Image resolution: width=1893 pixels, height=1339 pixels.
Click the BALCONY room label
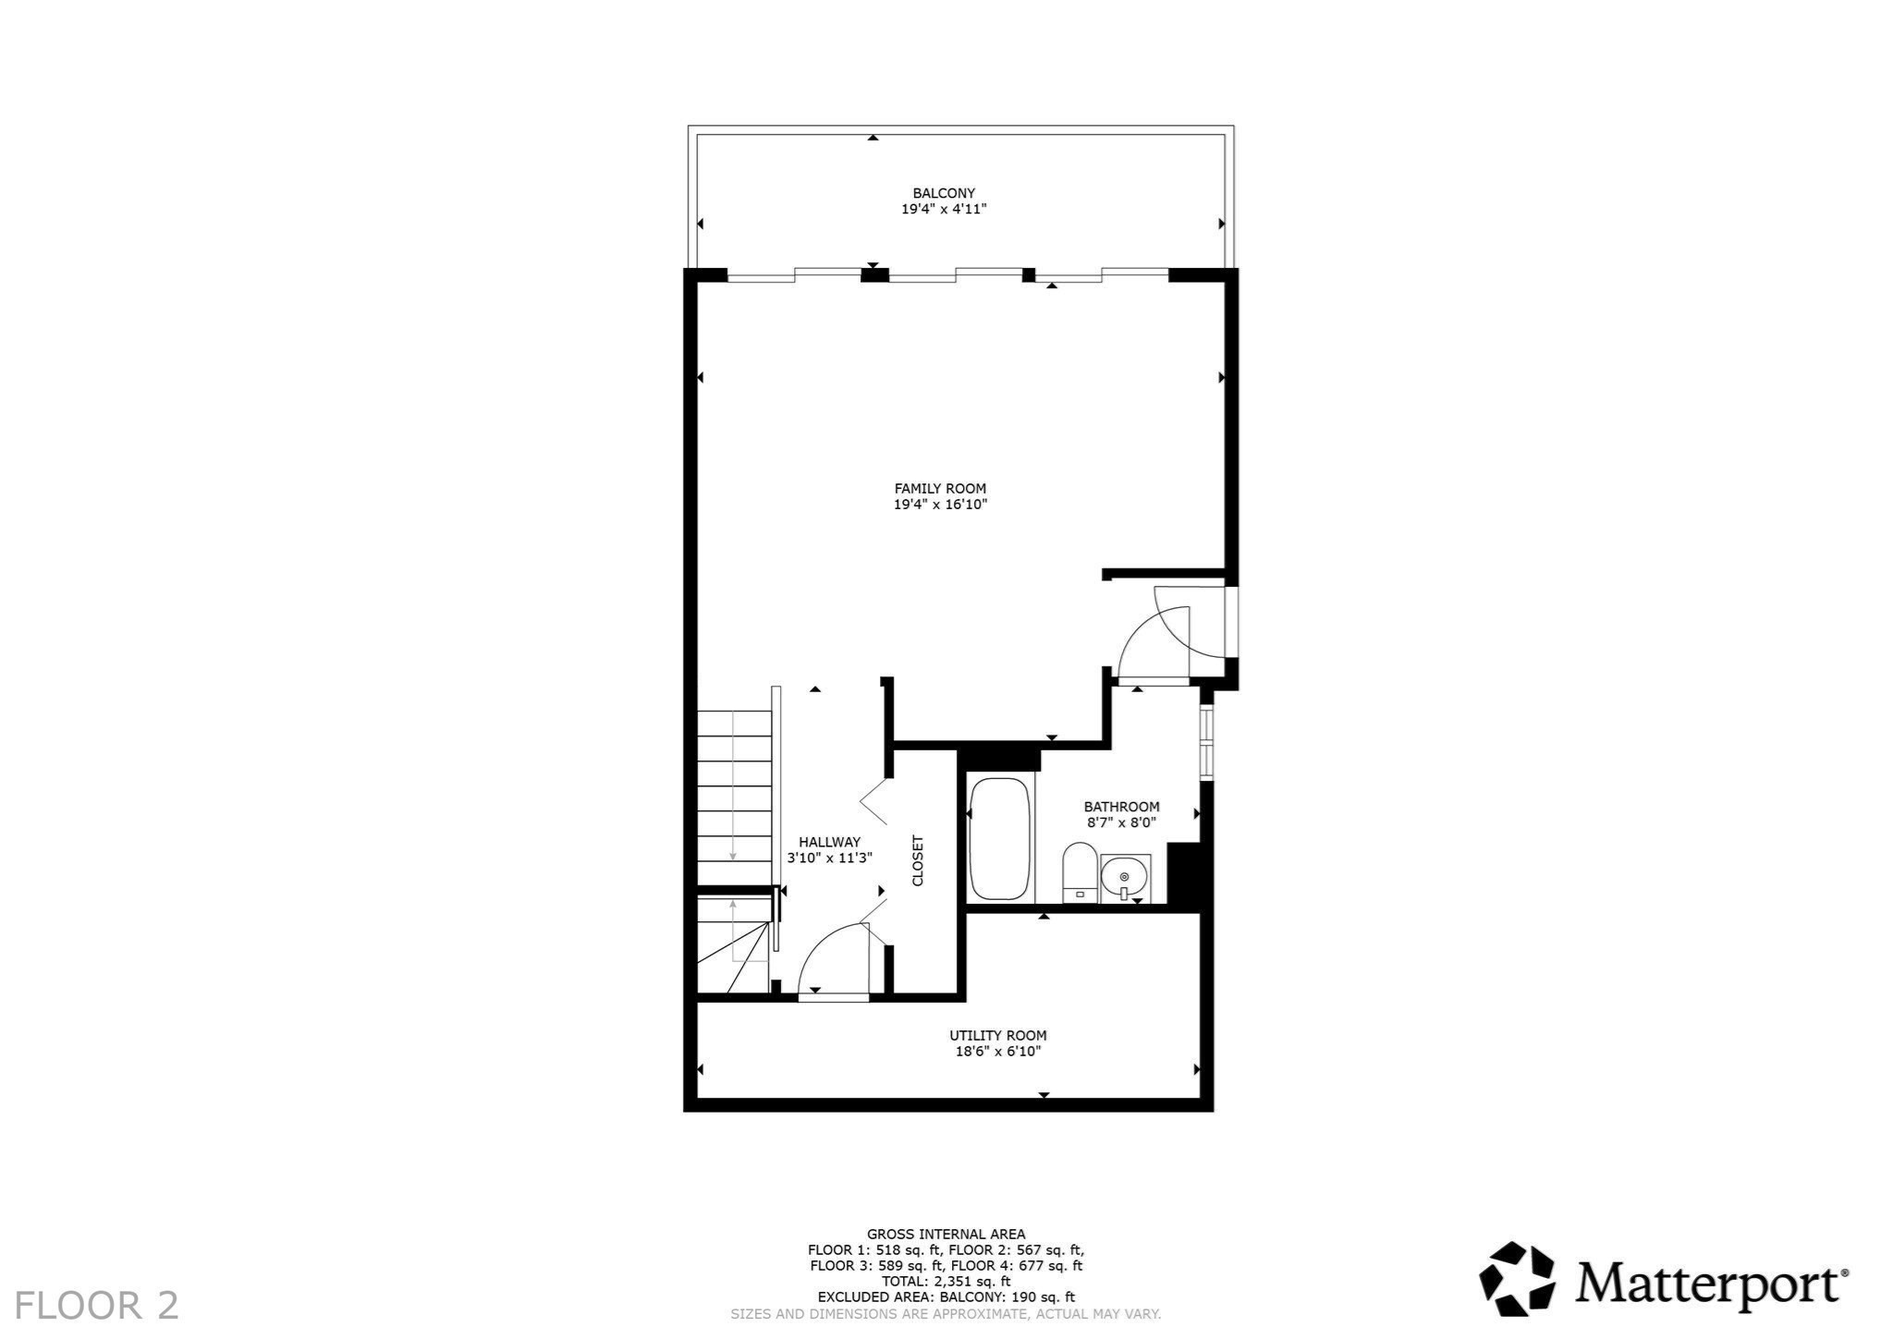(944, 193)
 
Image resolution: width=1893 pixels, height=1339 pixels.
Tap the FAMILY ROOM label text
(940, 489)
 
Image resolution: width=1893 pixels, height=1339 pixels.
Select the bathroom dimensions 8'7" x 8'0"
(1121, 822)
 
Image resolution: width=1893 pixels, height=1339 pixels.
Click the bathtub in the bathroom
(999, 839)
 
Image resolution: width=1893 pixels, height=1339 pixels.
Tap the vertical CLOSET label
(918, 860)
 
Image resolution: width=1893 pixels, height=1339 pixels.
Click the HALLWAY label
(829, 842)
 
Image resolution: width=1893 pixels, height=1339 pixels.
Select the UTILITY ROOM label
(997, 1036)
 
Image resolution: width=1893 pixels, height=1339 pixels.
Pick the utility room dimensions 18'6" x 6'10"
(997, 1052)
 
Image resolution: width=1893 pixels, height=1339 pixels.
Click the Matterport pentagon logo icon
(1516, 1279)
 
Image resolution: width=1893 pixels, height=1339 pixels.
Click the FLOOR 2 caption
(97, 1305)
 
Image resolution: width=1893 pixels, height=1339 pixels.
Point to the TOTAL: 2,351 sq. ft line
(946, 1282)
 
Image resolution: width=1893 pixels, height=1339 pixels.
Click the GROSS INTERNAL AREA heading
(946, 1235)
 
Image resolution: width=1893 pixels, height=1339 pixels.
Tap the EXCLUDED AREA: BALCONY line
(946, 1297)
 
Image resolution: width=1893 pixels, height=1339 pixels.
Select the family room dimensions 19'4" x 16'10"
(940, 505)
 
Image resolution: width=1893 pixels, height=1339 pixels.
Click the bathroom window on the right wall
(1205, 742)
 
